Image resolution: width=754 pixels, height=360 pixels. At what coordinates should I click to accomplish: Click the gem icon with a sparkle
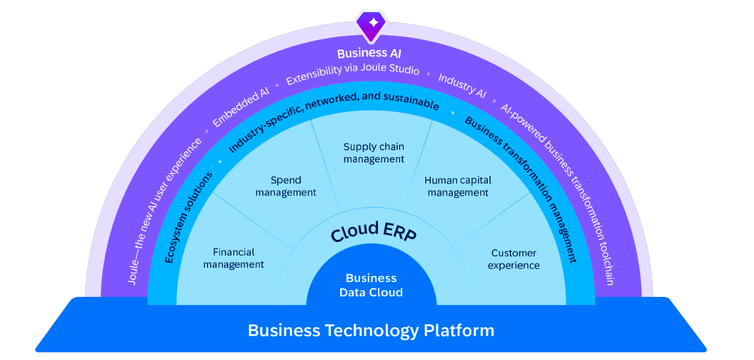373,24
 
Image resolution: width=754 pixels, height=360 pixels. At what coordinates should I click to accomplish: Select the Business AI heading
369,53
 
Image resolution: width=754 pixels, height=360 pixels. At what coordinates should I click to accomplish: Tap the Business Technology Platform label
371,330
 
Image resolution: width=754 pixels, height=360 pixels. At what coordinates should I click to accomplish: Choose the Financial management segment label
233,258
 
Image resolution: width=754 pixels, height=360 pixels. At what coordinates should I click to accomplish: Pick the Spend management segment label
285,186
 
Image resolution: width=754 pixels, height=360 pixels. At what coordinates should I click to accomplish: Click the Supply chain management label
374,153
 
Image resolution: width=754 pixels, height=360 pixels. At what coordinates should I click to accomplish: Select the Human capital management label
458,186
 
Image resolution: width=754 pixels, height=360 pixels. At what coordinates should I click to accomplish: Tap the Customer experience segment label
514,259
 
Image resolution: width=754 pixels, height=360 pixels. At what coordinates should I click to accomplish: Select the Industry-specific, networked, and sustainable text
333,118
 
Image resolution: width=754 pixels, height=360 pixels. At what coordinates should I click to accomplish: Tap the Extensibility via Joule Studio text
352,75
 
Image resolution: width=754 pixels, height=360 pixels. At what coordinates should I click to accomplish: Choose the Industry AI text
462,86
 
